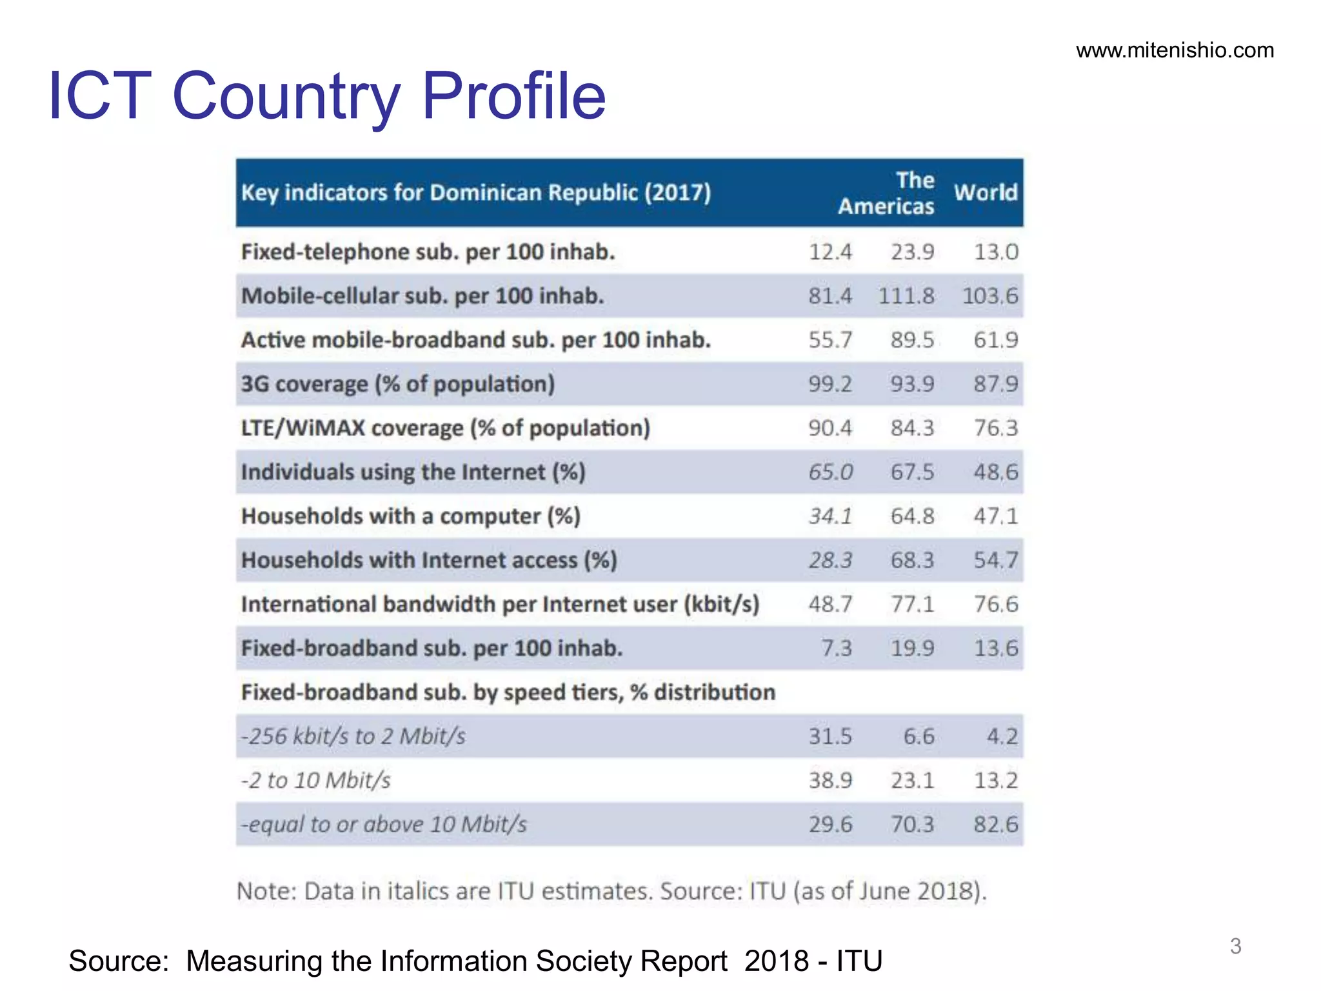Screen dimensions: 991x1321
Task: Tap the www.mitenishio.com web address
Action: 1175,50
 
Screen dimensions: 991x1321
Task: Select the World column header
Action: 986,192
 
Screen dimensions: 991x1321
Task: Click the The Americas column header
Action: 887,193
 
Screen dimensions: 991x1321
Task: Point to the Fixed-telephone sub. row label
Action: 428,252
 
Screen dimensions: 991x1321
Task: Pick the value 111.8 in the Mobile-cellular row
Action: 906,296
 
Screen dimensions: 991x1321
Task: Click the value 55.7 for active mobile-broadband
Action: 830,340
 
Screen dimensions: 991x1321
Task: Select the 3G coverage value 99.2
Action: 830,384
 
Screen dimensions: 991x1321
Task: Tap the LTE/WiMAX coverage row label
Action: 445,428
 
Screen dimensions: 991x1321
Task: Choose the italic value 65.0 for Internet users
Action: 830,472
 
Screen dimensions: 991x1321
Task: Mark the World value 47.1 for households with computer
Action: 995,516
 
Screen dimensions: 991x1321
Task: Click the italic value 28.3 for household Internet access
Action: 830,560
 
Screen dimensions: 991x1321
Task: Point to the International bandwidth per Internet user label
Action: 500,605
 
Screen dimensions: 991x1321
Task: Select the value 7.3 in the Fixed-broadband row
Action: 837,648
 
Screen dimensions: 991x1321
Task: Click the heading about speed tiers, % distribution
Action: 508,692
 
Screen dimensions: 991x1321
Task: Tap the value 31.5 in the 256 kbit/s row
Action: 830,736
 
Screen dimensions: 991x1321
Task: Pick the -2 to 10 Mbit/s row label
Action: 316,781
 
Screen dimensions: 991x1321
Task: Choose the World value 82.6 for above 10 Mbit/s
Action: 995,825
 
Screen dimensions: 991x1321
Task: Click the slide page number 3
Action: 1235,946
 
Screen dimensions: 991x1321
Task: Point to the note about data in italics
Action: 611,891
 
